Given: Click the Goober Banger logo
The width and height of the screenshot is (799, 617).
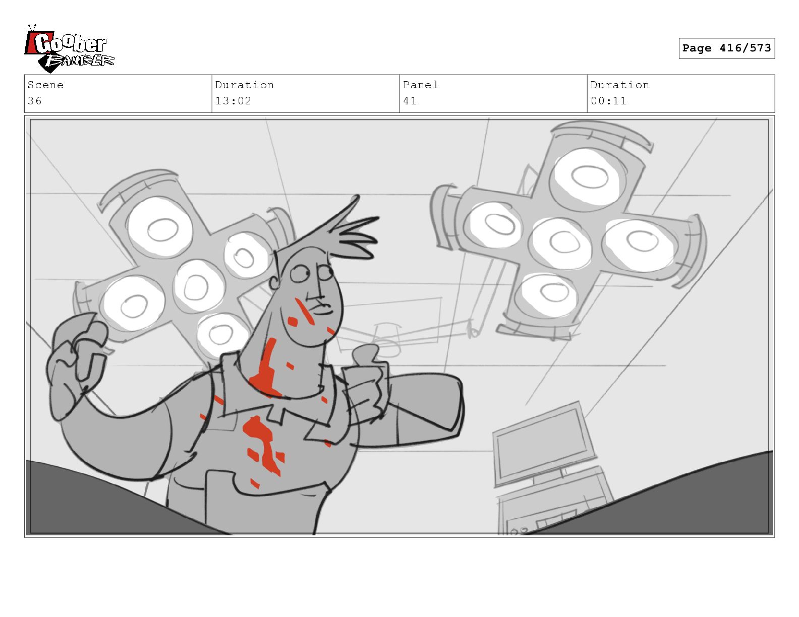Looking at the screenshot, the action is coord(69,49).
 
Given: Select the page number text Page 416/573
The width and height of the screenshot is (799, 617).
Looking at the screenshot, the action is coord(726,48).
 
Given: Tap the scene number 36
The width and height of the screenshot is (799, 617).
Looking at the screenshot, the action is coord(35,101).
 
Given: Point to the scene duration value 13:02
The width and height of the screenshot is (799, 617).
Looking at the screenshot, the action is coord(233,101).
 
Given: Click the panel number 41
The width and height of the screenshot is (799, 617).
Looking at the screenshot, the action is coord(410,101).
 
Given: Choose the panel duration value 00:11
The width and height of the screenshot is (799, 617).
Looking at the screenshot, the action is coord(608,101).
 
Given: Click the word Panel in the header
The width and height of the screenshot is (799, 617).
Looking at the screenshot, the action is coord(421,85).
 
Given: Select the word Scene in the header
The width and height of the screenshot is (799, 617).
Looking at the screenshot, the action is coord(45,85).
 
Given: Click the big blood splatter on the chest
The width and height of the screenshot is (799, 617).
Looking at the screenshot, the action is coord(263,445).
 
